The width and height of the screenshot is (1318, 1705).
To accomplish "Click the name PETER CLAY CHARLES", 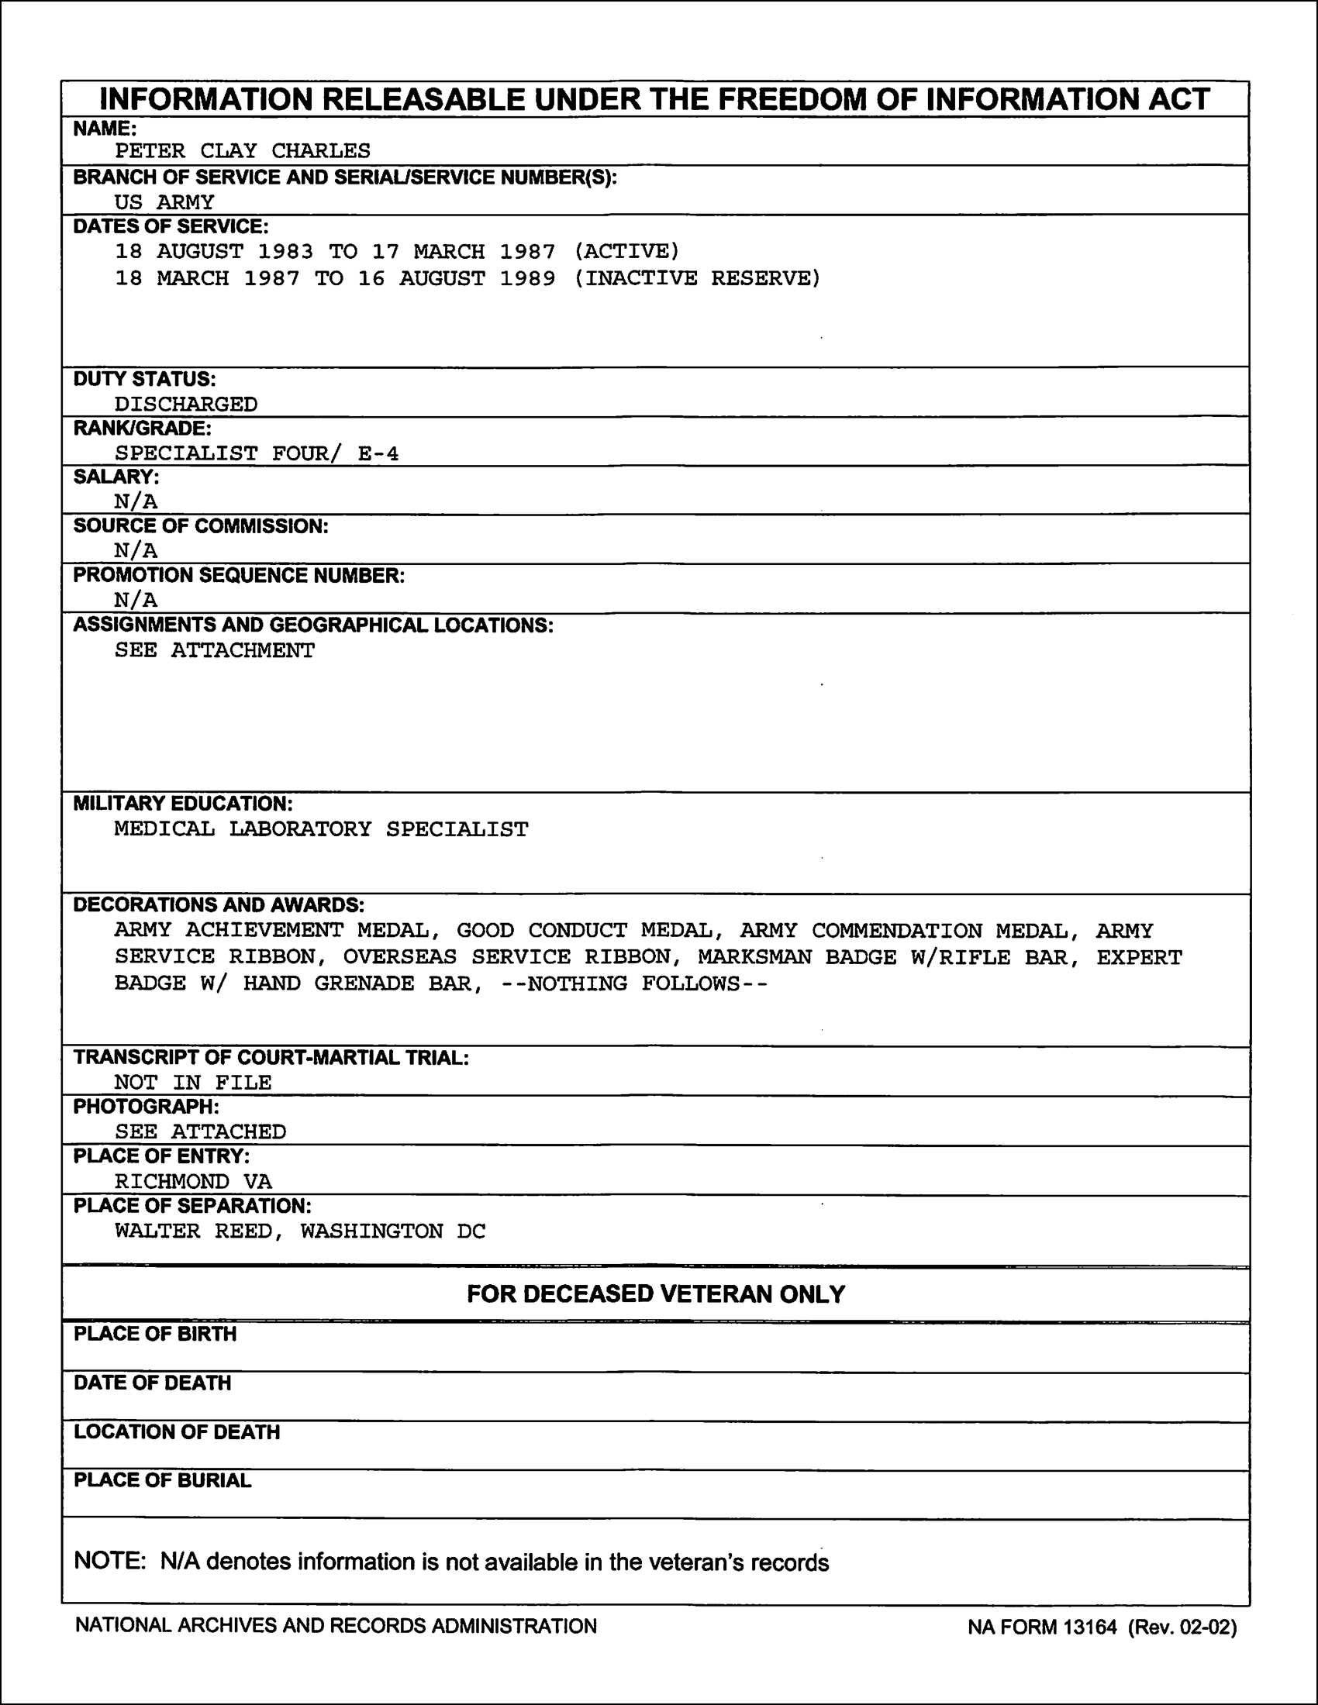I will pos(242,150).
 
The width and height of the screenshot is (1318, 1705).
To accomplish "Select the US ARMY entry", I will pos(164,202).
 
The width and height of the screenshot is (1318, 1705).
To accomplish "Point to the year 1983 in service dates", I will pos(286,251).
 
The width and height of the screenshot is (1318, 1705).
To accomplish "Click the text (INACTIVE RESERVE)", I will pos(697,279).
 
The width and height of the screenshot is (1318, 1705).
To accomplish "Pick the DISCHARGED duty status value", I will pos(186,405).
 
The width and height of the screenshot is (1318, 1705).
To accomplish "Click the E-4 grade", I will pos(378,453).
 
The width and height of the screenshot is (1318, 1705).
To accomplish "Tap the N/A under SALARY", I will pos(136,501).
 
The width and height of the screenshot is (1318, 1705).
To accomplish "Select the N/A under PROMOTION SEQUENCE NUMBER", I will pos(136,600).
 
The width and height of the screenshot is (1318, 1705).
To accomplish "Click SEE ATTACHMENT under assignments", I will pos(215,650).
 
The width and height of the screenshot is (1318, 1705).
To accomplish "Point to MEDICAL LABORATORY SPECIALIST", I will pos(321,829).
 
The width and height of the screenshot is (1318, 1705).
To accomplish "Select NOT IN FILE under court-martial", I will pos(193,1083).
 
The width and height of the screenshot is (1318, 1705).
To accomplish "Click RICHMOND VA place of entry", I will pos(193,1182).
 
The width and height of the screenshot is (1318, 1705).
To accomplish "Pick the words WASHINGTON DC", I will pos(393,1231).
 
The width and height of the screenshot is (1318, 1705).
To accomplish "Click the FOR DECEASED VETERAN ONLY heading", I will pos(656,1294).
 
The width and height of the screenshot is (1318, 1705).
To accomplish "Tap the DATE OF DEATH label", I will pos(152,1383).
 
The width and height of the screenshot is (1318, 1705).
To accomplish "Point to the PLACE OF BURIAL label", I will pos(162,1480).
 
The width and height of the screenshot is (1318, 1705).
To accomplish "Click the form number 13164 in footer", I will pos(1090,1627).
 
